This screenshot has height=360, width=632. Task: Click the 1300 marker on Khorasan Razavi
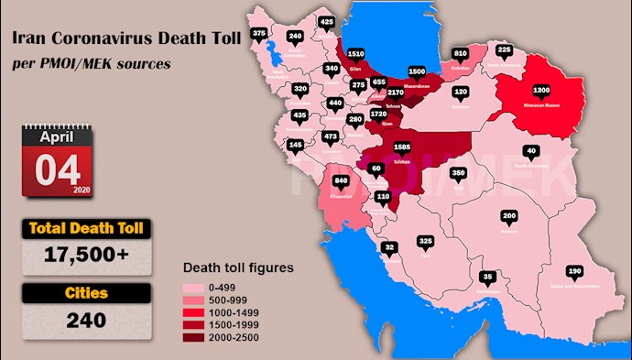[542, 91]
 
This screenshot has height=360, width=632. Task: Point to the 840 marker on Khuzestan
[341, 180]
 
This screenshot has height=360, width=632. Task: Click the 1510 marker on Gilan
[357, 53]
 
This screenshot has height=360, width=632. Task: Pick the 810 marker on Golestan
[460, 53]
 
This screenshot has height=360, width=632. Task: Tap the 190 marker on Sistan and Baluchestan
[574, 272]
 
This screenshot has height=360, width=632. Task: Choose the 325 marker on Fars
[425, 242]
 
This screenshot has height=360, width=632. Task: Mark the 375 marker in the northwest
[259, 34]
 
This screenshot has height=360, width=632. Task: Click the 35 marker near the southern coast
[488, 277]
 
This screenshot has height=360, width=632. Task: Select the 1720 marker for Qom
[378, 115]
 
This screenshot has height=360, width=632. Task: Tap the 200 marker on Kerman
[509, 216]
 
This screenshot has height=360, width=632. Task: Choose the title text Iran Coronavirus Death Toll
[100, 39]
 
